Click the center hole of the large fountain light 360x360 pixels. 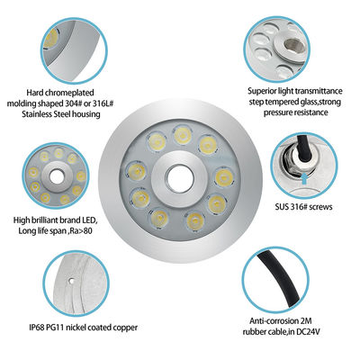(x=176, y=175)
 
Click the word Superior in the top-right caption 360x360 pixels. (x=265, y=90)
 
